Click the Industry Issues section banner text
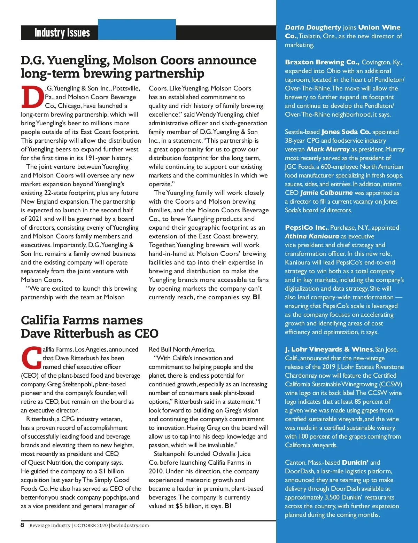(62, 33)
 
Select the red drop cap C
(32, 357)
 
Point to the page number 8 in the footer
(22, 525)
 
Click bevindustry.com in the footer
(130, 525)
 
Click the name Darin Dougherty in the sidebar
(313, 27)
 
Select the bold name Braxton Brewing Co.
(322, 62)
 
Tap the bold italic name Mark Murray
(328, 149)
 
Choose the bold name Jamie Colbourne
(326, 193)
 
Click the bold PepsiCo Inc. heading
(306, 228)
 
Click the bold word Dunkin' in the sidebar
(355, 463)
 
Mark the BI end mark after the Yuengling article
(256, 297)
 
